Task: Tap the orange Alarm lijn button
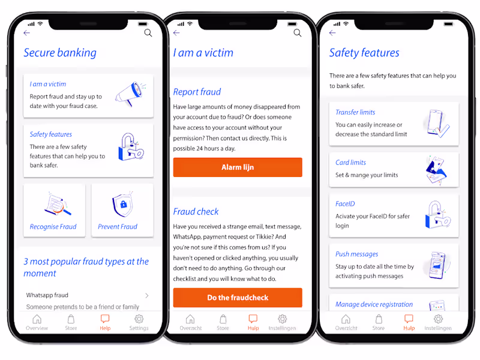238,167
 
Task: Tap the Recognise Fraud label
53,227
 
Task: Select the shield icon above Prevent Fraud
123,205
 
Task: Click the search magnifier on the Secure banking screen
148,33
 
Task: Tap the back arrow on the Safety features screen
332,33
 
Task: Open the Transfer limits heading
355,112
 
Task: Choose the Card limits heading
350,163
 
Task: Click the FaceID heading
345,204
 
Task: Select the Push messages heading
356,254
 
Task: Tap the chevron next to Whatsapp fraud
147,295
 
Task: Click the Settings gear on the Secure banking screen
139,319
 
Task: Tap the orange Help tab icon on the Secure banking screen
105,319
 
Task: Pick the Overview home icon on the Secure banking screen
37,319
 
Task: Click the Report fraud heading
197,92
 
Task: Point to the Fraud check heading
196,212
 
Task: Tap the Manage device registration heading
374,304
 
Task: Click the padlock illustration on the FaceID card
438,215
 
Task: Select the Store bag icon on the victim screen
223,319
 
